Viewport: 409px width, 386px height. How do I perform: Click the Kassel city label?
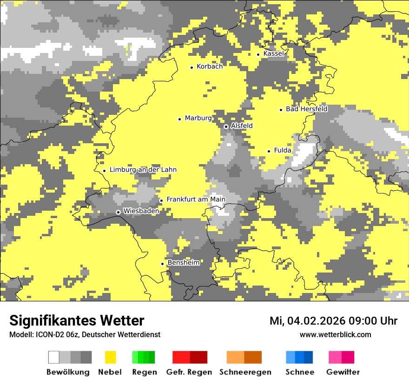click(273, 53)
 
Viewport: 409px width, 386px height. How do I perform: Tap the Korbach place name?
click(210, 67)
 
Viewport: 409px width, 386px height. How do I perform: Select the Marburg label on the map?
click(198, 118)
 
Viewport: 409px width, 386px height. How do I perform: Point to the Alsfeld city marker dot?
click(226, 126)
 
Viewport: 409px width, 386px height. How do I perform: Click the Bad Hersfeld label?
click(306, 109)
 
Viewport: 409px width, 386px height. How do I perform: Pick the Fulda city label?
click(283, 150)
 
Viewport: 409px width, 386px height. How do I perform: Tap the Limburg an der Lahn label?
click(143, 170)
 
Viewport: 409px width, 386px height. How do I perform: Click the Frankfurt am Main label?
click(196, 199)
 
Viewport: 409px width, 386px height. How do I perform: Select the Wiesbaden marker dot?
click(118, 212)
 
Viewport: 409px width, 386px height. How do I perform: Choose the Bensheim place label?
click(184, 263)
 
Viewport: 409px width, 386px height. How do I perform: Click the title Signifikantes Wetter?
click(77, 320)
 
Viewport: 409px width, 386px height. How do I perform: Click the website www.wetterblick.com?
click(335, 334)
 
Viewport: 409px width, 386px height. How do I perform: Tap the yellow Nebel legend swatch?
click(110, 357)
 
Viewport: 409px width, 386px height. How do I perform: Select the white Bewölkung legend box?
click(54, 357)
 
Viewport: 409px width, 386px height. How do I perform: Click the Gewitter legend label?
click(343, 372)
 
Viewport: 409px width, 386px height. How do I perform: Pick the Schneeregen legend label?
click(245, 372)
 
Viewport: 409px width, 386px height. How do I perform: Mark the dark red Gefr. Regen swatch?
click(198, 357)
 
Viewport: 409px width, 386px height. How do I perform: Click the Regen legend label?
click(144, 372)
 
